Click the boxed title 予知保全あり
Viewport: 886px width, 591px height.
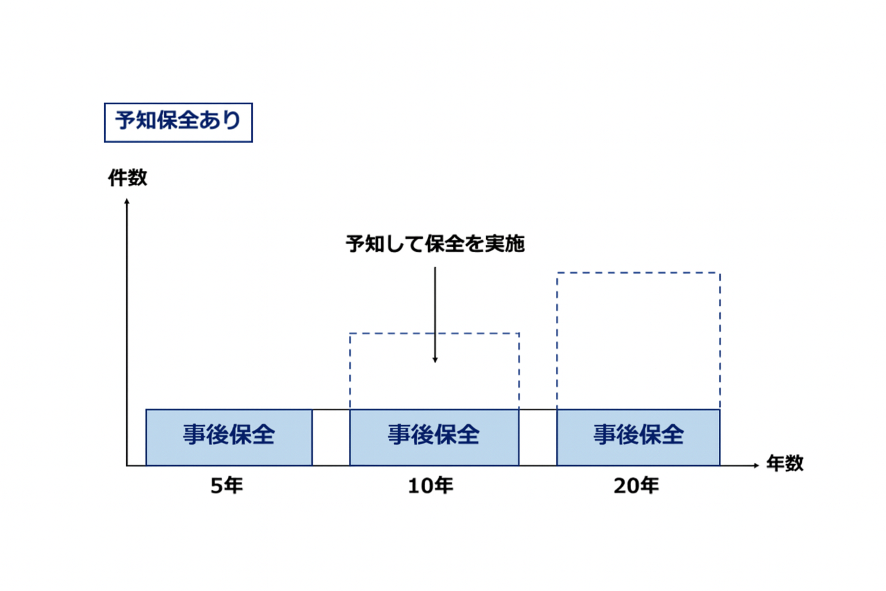[178, 122]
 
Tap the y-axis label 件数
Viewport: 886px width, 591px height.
[127, 177]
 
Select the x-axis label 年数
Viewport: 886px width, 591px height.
[785, 463]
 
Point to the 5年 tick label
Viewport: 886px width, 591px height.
[227, 486]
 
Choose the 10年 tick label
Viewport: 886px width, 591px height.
[431, 486]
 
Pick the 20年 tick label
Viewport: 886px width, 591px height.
[636, 486]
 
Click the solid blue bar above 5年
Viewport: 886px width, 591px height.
[229, 437]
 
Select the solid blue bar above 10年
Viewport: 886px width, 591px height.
[434, 437]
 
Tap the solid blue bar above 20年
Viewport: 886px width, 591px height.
[639, 437]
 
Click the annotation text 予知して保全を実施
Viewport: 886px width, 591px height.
[435, 244]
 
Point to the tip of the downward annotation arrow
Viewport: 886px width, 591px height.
[435, 362]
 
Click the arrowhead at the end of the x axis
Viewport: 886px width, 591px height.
[757, 466]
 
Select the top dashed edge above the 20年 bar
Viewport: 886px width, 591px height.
[639, 273]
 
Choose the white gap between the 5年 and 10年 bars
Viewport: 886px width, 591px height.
[331, 438]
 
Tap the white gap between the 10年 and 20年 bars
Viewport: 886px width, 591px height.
[538, 438]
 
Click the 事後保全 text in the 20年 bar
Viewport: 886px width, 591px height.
[639, 434]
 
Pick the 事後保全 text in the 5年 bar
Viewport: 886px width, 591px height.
[229, 434]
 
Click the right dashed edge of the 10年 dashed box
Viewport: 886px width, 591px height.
[519, 371]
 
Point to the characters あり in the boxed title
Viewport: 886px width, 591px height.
[220, 120]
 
